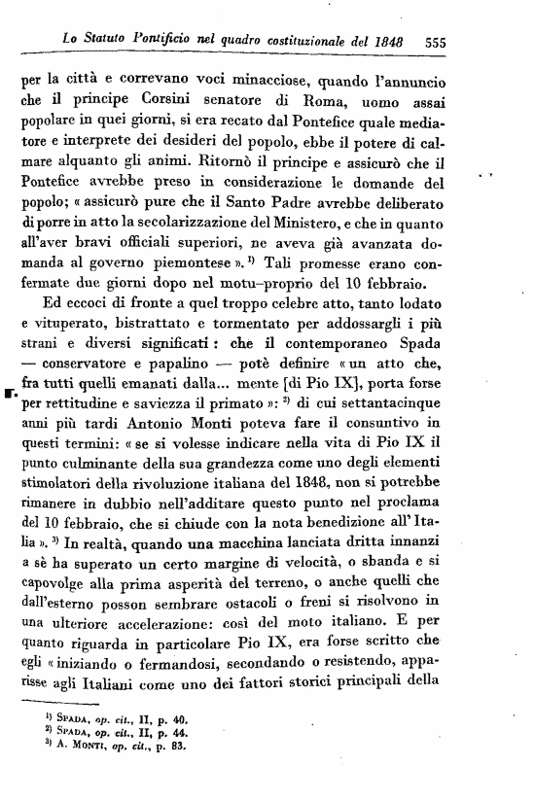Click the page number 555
[435, 43]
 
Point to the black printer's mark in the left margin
[10, 396]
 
